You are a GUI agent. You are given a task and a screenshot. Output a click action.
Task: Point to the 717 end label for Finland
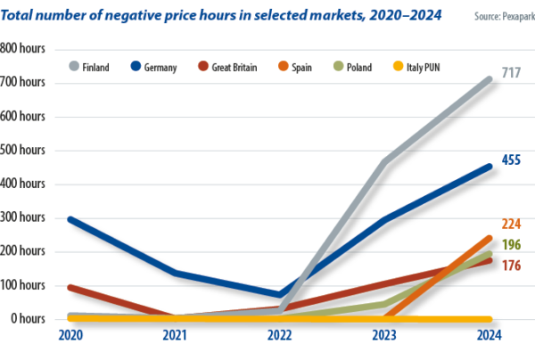[512, 71]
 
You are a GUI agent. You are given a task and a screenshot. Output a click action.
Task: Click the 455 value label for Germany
[512, 160]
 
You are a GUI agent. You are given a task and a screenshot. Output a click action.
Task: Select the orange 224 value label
[512, 224]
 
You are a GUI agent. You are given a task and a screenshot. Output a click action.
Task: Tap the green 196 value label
[512, 245]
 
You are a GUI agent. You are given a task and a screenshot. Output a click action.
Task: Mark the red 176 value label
[512, 265]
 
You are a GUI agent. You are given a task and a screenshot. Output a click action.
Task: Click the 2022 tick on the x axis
[280, 335]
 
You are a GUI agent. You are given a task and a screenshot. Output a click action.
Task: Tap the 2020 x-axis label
[70, 335]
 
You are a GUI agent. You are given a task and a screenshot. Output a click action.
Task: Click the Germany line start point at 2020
[70, 219]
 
